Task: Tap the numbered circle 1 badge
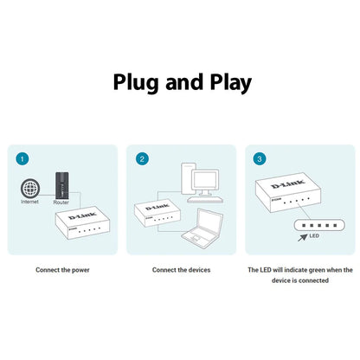pos(22,159)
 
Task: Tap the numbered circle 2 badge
pos(142,159)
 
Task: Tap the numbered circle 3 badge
pos(260,159)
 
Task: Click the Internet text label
pos(29,202)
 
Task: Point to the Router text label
pos(61,202)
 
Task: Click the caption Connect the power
pos(62,270)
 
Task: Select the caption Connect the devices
pos(181,270)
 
